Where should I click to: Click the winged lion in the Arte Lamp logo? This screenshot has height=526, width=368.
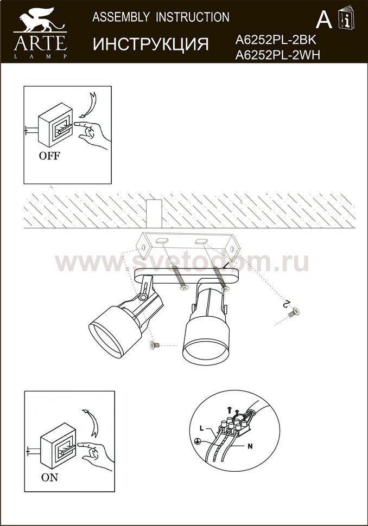pyautogui.click(x=39, y=20)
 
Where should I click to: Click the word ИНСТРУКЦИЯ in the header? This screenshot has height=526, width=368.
pyautogui.click(x=151, y=44)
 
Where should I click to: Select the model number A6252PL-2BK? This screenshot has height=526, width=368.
pyautogui.click(x=276, y=40)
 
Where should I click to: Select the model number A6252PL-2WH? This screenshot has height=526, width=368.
pyautogui.click(x=278, y=55)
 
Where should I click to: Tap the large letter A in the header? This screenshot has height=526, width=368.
pyautogui.click(x=324, y=20)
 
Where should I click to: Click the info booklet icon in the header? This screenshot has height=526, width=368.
pyautogui.click(x=346, y=17)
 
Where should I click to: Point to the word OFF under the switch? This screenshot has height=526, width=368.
pyautogui.click(x=49, y=156)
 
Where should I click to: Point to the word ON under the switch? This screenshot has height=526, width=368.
pyautogui.click(x=49, y=477)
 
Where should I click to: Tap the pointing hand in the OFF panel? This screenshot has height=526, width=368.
pyautogui.click(x=92, y=133)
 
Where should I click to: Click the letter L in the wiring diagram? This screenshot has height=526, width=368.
pyautogui.click(x=201, y=428)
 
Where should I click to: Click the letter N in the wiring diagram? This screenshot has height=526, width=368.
pyautogui.click(x=250, y=446)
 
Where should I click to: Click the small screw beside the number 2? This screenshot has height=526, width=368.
pyautogui.click(x=294, y=312)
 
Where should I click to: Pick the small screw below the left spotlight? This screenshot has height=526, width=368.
pyautogui.click(x=155, y=345)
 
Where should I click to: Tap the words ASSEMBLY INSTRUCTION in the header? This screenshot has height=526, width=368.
pyautogui.click(x=161, y=17)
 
